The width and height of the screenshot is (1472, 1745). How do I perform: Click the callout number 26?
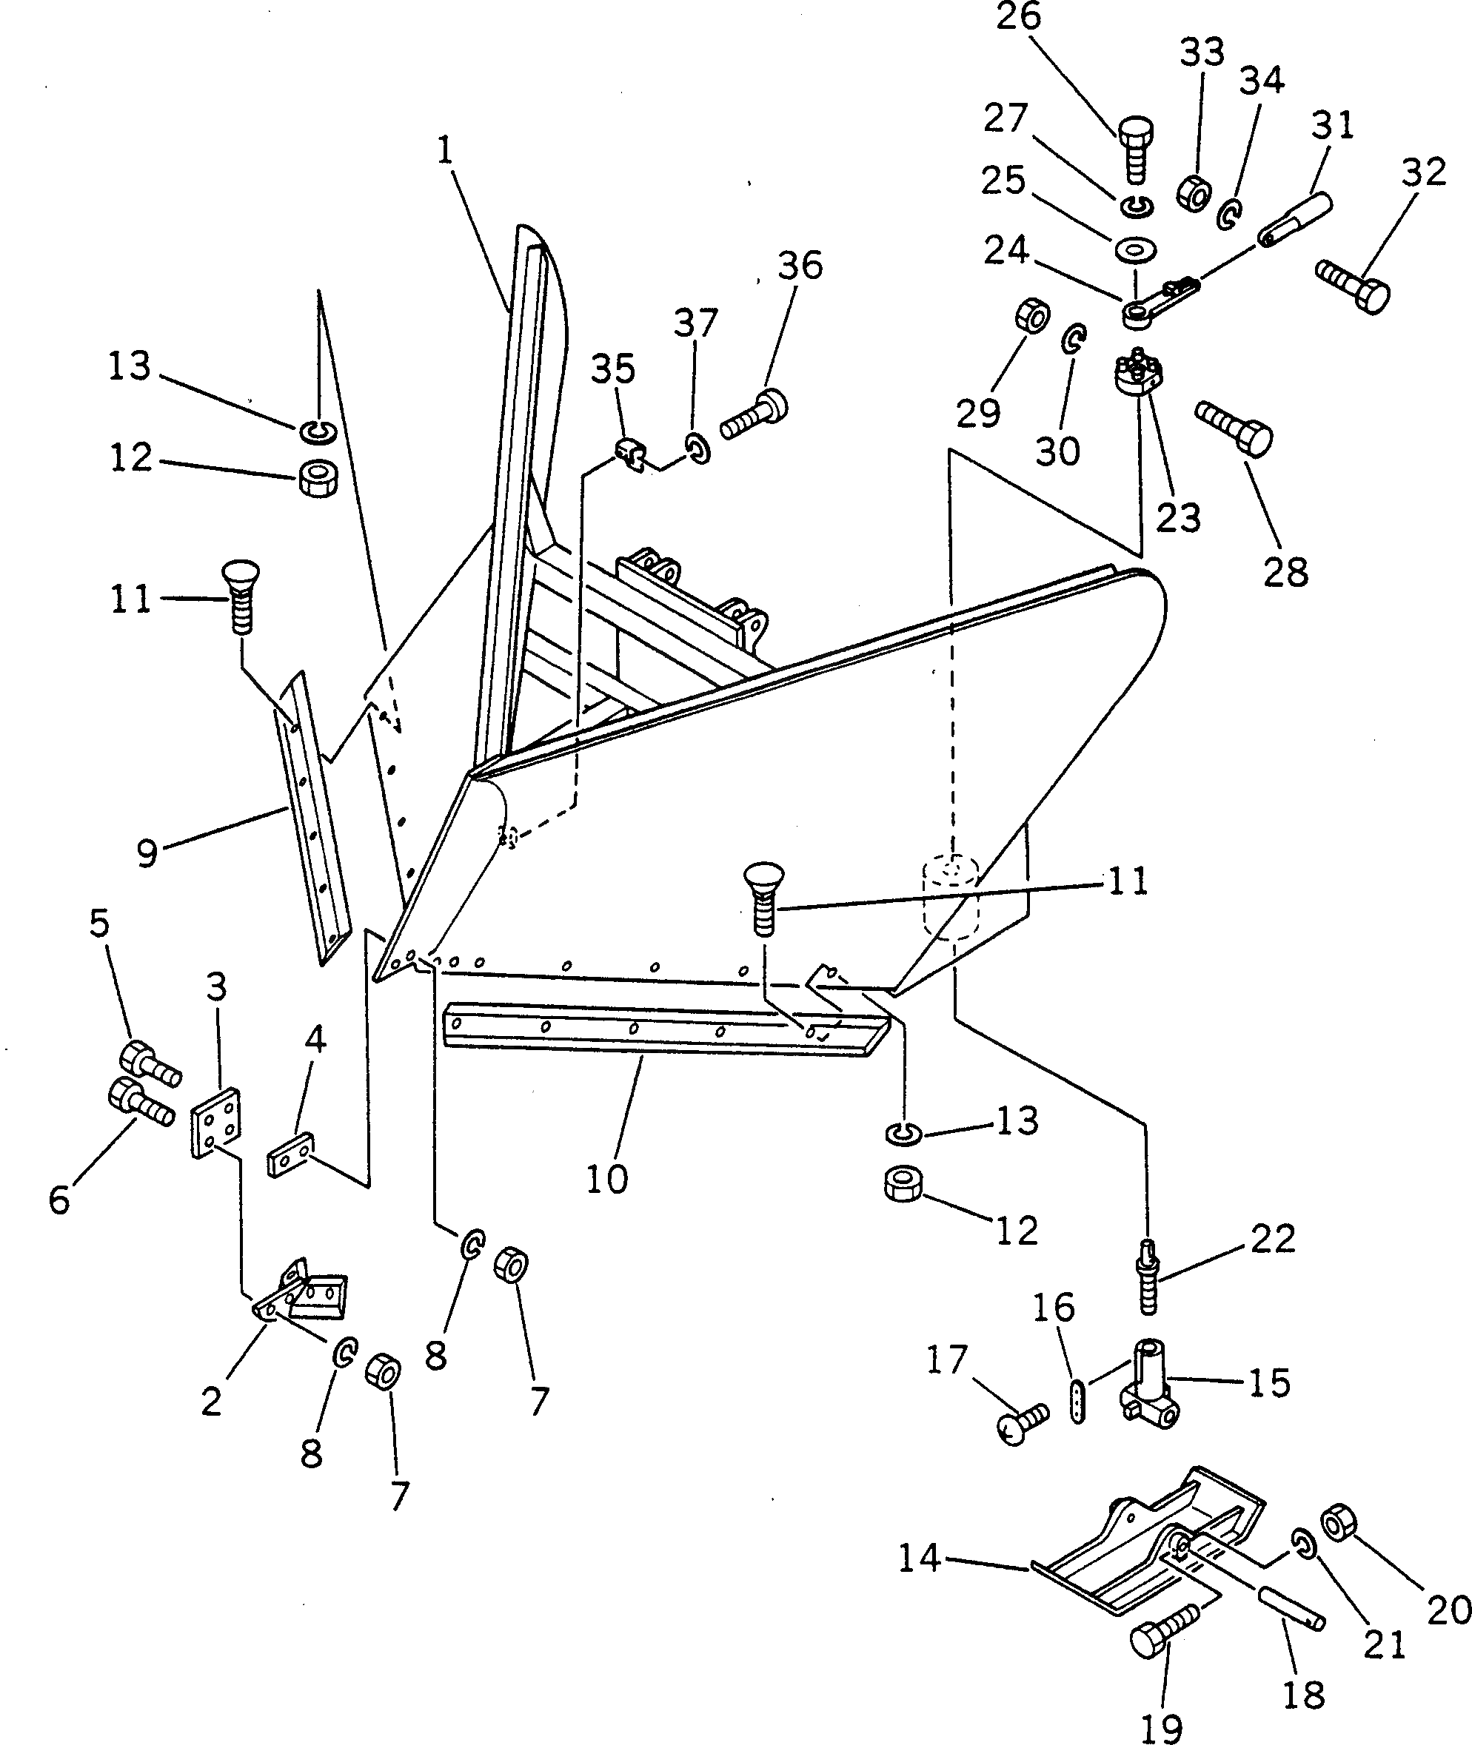point(1019,17)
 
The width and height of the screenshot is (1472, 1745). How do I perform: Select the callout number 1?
point(445,150)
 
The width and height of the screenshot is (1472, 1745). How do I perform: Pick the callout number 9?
point(147,853)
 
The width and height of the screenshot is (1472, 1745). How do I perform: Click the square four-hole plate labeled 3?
point(215,1123)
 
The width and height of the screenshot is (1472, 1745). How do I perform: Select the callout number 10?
point(606,1180)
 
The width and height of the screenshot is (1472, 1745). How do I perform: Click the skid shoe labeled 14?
point(1143,1548)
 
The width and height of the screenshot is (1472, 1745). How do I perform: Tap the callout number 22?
point(1273,1239)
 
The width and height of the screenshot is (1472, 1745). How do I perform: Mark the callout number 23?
point(1178,518)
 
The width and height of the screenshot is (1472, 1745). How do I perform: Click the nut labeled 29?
point(1031,316)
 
